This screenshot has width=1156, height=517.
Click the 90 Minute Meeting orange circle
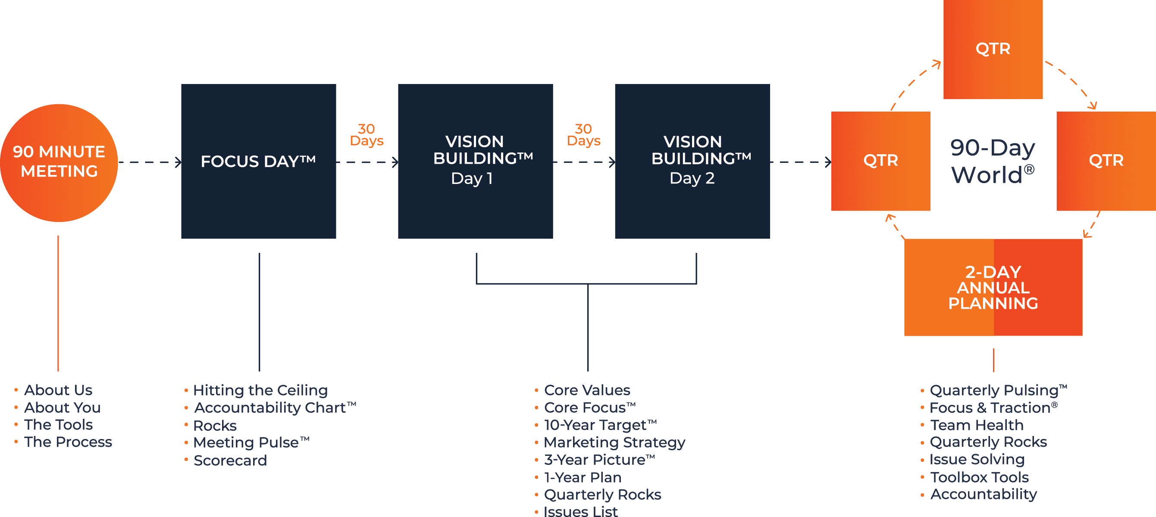(x=59, y=162)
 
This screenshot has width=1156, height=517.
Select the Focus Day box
(x=258, y=161)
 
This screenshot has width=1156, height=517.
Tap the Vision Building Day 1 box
(x=475, y=161)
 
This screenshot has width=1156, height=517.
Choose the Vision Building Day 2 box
(x=692, y=161)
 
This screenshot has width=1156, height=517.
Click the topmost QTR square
(x=993, y=49)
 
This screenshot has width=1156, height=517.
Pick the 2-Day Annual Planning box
(x=993, y=287)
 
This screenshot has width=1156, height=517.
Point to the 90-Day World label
(x=993, y=161)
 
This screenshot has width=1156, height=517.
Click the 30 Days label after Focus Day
(x=367, y=135)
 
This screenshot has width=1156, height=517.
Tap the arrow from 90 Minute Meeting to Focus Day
(x=150, y=162)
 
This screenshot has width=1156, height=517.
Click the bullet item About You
(x=63, y=408)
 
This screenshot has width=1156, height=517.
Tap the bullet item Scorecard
(x=230, y=461)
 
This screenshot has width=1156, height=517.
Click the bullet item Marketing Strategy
(x=614, y=442)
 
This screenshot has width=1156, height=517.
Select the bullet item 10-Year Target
(x=600, y=425)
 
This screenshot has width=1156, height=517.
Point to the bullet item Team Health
(x=977, y=425)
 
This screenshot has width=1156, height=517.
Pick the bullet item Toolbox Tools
(x=979, y=477)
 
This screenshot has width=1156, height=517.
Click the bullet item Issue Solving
(x=977, y=460)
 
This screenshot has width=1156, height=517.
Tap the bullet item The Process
(x=68, y=442)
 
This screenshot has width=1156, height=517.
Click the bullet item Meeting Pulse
(x=251, y=442)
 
